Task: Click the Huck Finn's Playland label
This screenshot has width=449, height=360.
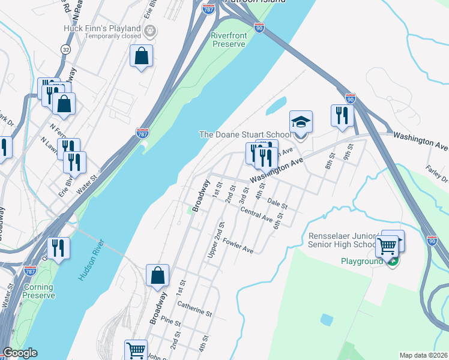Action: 102,28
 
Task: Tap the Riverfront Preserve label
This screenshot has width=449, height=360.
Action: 229,40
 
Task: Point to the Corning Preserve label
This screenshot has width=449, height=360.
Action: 39,291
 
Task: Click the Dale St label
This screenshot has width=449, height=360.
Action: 278,203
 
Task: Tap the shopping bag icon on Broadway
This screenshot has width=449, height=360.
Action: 157,276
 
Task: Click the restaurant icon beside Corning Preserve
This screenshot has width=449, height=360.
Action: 58,248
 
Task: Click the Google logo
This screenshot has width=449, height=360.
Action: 20,353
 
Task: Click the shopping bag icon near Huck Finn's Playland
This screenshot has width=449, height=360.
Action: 141,57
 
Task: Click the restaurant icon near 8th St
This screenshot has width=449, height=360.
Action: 342,116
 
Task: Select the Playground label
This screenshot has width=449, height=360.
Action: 362,262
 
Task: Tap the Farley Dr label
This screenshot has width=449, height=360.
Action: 437,175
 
